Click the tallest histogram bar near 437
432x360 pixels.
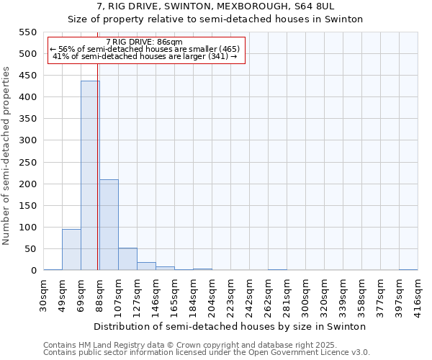point(90,176)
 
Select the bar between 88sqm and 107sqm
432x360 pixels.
point(109,225)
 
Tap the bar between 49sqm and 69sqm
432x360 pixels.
point(71,249)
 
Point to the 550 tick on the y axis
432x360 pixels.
point(27,32)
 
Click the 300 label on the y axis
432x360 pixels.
point(27,140)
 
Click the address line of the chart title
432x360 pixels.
point(215,6)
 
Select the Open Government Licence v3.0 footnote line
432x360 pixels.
point(207,353)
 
